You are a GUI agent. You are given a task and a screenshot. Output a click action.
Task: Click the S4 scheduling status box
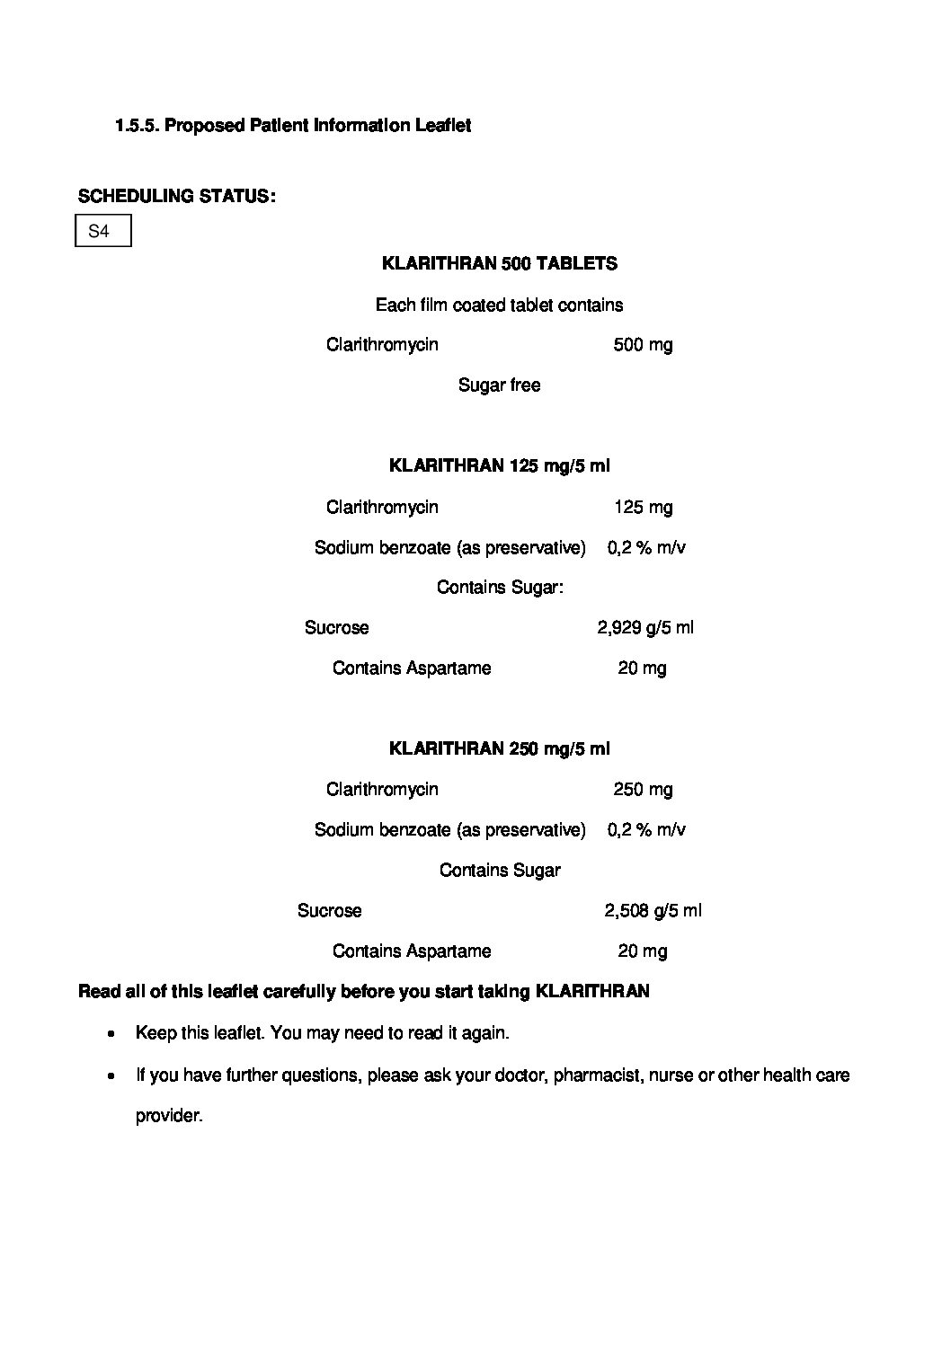(x=102, y=231)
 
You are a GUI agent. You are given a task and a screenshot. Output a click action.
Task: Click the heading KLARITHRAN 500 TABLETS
(x=499, y=263)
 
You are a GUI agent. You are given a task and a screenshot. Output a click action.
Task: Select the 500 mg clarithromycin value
(x=642, y=345)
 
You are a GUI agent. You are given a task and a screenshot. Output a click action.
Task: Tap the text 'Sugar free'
(x=499, y=385)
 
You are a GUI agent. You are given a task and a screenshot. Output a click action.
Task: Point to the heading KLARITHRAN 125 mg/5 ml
(x=499, y=465)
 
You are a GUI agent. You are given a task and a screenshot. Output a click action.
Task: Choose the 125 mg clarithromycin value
(x=643, y=507)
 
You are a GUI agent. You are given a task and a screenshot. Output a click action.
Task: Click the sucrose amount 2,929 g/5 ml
(x=644, y=627)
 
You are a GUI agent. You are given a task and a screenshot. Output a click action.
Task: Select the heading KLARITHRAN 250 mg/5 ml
(x=499, y=748)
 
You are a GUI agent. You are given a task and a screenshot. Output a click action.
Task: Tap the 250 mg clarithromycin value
(x=643, y=789)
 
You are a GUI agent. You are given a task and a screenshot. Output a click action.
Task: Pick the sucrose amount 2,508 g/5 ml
(x=652, y=910)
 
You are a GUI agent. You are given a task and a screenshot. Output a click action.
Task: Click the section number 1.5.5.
(x=137, y=126)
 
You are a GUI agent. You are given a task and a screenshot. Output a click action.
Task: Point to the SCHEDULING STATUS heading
(x=177, y=196)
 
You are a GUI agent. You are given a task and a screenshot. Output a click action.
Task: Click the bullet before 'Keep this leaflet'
(x=111, y=1034)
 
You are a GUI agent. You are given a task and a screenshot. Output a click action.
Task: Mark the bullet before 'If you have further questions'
(x=111, y=1075)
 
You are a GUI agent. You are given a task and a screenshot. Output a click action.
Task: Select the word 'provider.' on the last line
(x=169, y=1116)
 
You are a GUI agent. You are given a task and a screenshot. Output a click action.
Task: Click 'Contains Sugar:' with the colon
(x=500, y=588)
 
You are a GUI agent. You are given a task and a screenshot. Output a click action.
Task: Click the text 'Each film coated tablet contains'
(x=499, y=305)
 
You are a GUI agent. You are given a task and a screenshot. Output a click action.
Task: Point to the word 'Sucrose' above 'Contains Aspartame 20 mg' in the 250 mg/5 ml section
(x=329, y=910)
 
